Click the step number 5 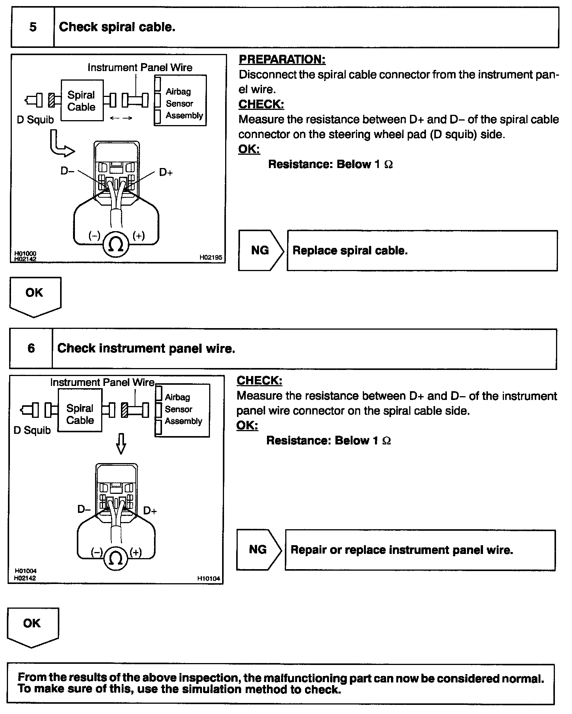pyautogui.click(x=33, y=27)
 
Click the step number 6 pyautogui.click(x=31, y=348)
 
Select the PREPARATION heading pyautogui.click(x=282, y=59)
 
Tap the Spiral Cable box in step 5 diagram pyautogui.click(x=82, y=101)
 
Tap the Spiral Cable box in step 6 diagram pyautogui.click(x=80, y=414)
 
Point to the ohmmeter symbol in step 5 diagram pyautogui.click(x=116, y=244)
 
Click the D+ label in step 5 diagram pyautogui.click(x=166, y=172)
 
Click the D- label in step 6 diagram pyautogui.click(x=84, y=509)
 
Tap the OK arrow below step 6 pyautogui.click(x=32, y=626)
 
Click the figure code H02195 pyautogui.click(x=210, y=257)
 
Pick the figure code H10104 pyautogui.click(x=208, y=578)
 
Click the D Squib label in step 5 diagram pyautogui.click(x=35, y=120)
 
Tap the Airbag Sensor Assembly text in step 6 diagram pyautogui.click(x=183, y=409)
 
